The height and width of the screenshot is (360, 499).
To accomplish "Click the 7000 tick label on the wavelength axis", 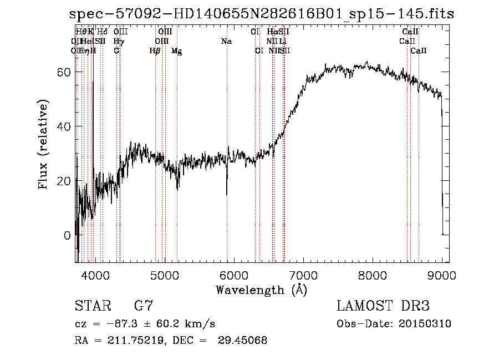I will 303,275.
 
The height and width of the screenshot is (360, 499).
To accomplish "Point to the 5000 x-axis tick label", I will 164,275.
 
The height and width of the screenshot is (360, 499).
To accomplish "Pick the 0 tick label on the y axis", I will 67,235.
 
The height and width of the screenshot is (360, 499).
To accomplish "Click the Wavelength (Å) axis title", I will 261,290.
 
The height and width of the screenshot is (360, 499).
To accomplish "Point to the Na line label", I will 226,42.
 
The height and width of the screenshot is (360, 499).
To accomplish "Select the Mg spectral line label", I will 176,51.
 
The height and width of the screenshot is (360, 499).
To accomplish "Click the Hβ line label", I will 155,51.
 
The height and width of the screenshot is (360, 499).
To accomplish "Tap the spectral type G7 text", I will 144,306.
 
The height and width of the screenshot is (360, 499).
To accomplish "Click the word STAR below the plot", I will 92,306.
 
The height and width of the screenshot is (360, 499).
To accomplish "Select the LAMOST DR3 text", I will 383,306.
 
